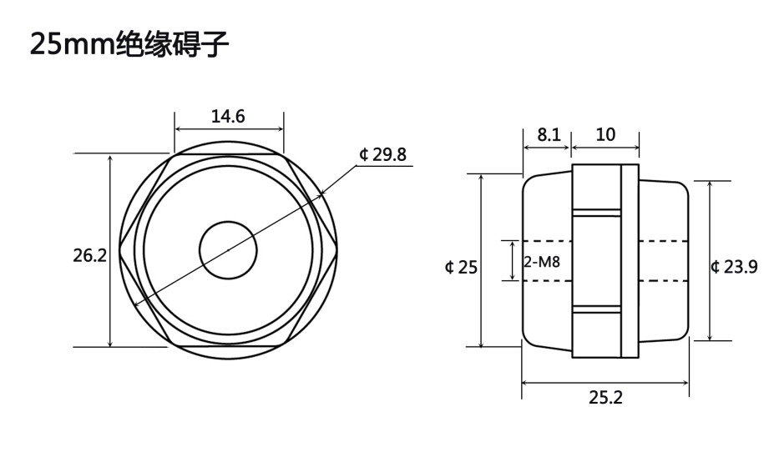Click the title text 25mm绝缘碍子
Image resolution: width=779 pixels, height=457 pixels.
click(129, 43)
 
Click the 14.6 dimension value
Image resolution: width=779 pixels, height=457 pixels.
click(228, 116)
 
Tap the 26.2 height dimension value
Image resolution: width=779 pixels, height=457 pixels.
click(89, 256)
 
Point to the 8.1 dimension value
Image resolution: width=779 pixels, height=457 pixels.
click(549, 134)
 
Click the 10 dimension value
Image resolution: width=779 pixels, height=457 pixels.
click(605, 134)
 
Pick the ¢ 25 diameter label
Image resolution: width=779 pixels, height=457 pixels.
click(461, 267)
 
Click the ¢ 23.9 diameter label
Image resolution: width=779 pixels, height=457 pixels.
click(734, 267)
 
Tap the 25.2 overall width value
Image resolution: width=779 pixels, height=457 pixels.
click(605, 397)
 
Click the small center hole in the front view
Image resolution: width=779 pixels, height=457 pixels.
click(228, 249)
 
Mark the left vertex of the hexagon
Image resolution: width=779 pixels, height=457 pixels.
click(119, 250)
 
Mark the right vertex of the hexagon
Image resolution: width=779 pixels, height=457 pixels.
click(337, 250)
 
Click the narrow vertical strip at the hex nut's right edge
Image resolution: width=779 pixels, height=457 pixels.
click(630, 261)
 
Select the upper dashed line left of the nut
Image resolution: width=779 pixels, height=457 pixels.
click(548, 241)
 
